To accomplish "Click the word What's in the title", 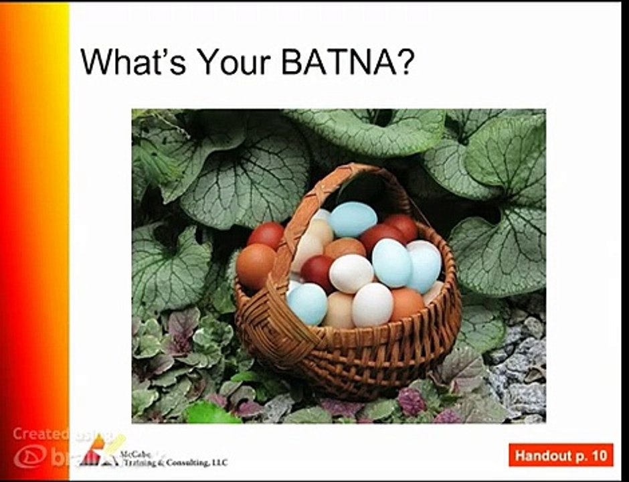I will click(x=130, y=62).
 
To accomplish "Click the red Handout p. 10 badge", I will click(x=561, y=455).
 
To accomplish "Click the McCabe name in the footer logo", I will click(x=133, y=454).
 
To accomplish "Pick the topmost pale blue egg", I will click(x=353, y=219).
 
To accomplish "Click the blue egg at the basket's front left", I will click(x=308, y=303).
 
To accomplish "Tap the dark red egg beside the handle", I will click(x=317, y=271).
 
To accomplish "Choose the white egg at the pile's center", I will click(x=351, y=273).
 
